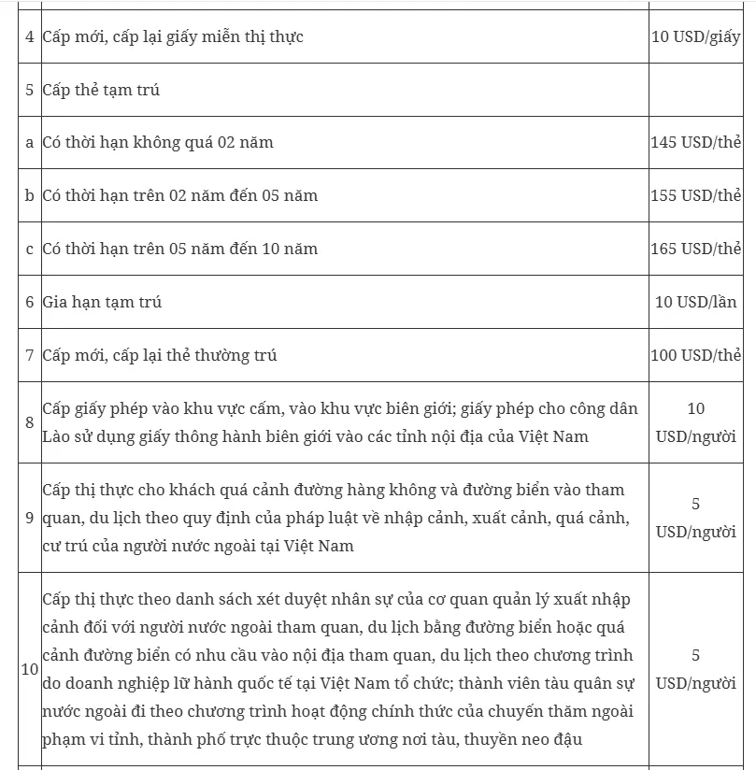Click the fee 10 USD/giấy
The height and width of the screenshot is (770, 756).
(696, 37)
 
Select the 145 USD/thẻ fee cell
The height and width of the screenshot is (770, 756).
(696, 143)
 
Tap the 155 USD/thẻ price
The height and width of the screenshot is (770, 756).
(696, 196)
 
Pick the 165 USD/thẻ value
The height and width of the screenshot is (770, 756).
(696, 249)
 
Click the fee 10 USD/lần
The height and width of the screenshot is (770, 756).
(696, 302)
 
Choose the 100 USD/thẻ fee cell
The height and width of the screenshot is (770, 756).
(696, 355)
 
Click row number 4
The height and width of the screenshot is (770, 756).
(30, 37)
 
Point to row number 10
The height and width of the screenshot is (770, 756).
(30, 669)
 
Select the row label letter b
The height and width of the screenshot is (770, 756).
(30, 196)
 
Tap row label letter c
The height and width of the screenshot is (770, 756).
(30, 249)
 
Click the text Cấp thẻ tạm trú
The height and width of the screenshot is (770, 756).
(101, 91)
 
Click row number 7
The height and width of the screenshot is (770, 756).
(30, 355)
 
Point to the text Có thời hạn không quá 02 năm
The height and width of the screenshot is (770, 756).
(158, 143)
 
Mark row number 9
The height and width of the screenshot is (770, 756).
(30, 517)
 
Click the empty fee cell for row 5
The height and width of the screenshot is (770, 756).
(696, 91)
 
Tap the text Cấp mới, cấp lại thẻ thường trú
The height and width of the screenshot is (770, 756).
(160, 355)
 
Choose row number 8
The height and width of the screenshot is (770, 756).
(30, 422)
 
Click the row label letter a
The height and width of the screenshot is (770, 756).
(30, 143)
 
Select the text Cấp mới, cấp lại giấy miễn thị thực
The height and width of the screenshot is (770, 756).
(173, 37)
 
